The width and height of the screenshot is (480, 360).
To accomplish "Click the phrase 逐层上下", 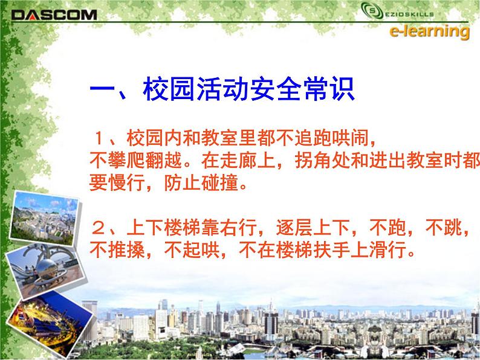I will click(x=293, y=229).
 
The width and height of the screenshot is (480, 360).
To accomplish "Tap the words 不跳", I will click(x=443, y=229).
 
